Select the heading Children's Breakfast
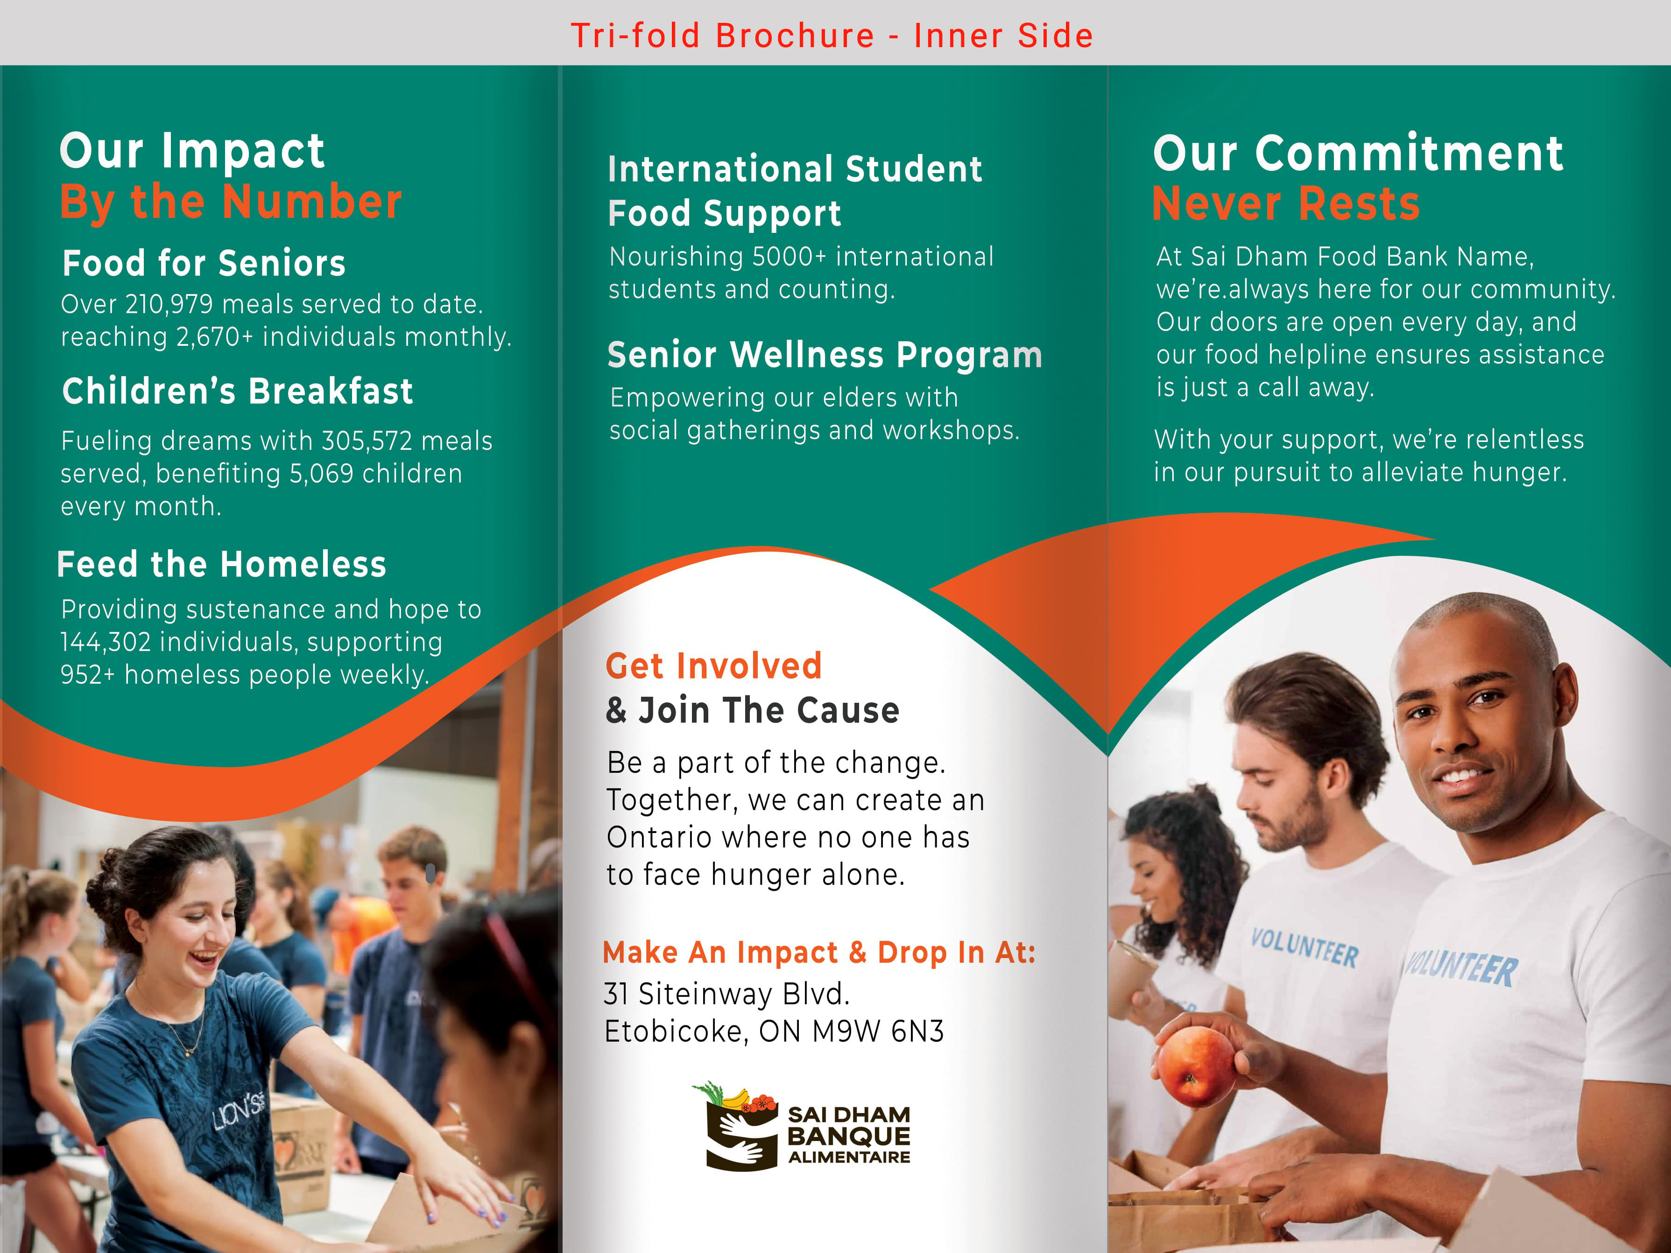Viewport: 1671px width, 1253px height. click(238, 391)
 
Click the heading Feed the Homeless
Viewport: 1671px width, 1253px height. click(221, 564)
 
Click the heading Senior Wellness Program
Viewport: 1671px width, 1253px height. click(825, 355)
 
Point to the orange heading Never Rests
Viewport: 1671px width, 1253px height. click(1286, 204)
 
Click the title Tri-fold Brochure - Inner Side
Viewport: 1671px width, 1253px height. click(832, 35)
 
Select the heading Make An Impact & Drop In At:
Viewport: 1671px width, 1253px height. click(819, 952)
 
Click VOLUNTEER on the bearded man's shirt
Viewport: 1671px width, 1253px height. click(1304, 949)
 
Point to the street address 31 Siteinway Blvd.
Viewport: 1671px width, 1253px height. click(727, 994)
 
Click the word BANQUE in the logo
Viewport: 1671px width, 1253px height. click(848, 1136)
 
